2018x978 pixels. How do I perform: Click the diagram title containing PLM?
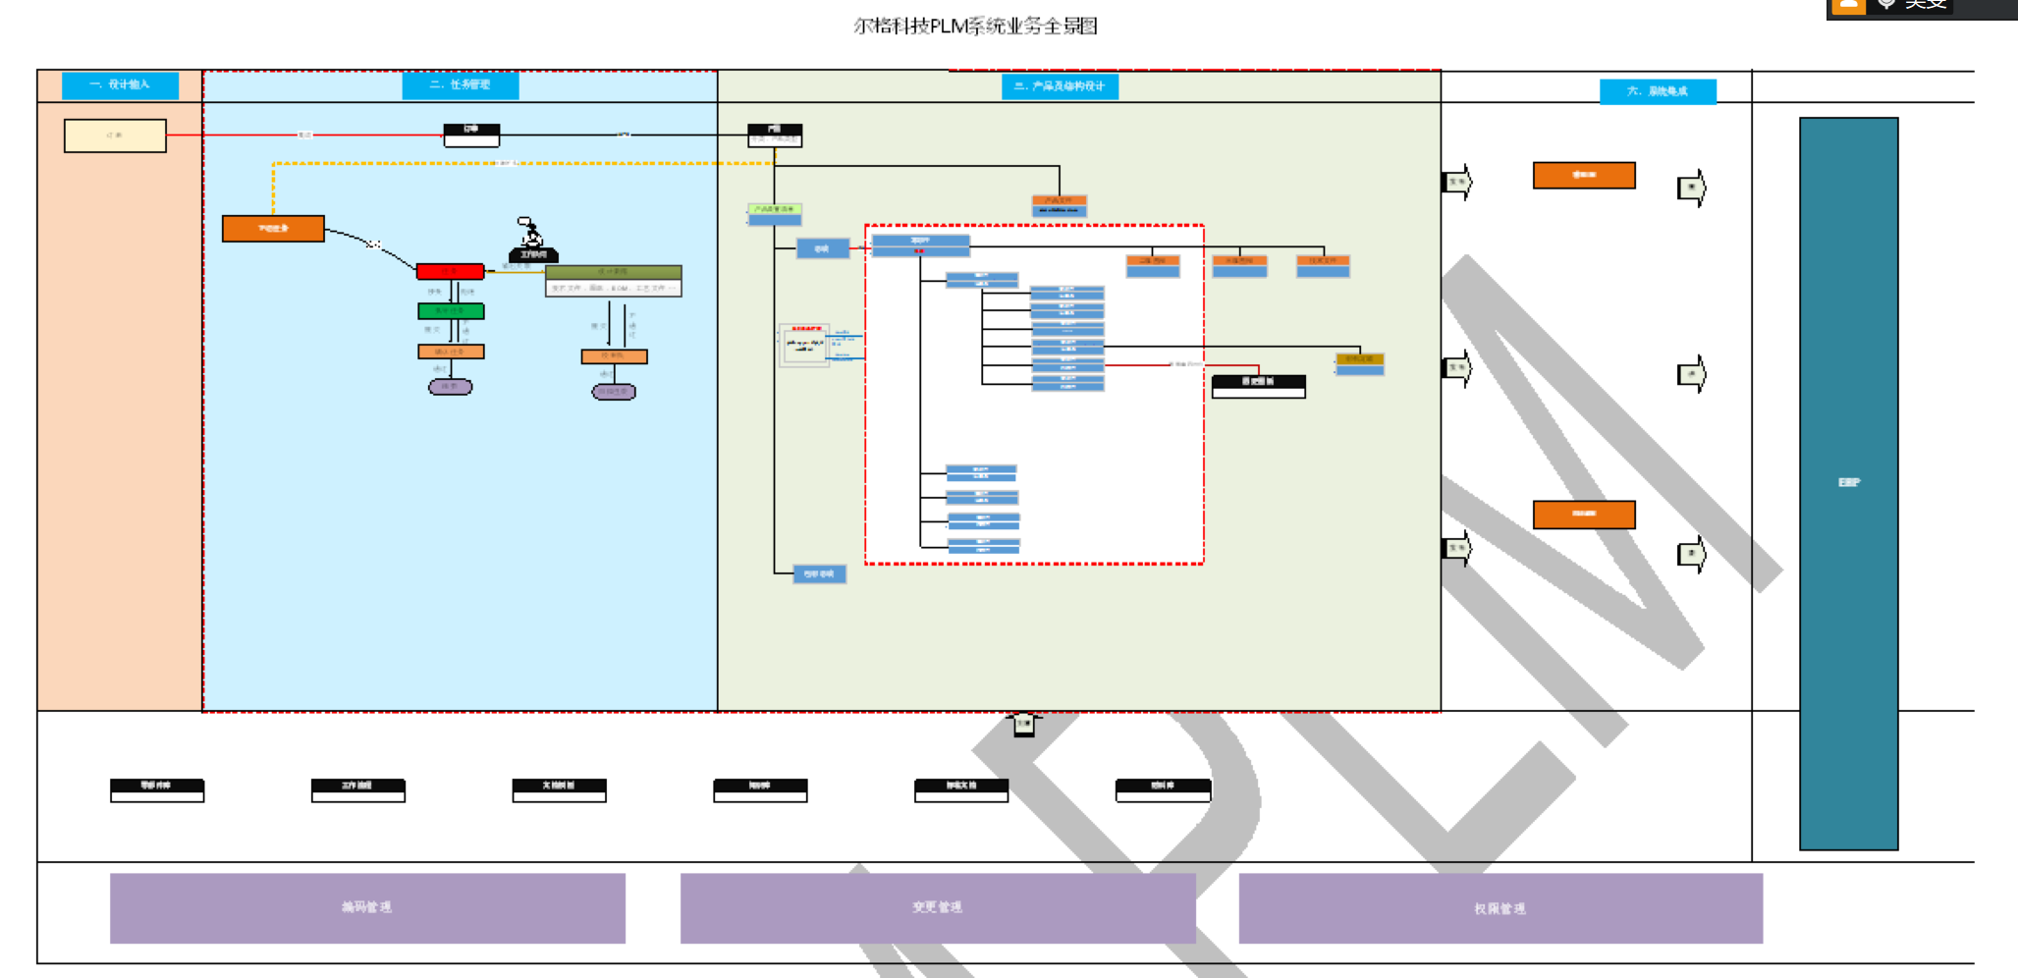point(975,27)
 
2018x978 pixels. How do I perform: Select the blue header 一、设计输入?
point(120,85)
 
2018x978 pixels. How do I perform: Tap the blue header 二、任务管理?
point(460,85)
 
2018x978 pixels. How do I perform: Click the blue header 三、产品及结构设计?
point(1060,86)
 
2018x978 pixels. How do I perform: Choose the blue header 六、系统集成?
point(1658,91)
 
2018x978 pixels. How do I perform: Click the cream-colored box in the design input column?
point(115,136)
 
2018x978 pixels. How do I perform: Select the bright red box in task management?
point(450,271)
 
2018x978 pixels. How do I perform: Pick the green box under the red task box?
point(451,311)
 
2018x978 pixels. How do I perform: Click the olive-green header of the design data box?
point(613,272)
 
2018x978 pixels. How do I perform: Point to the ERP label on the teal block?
point(1849,482)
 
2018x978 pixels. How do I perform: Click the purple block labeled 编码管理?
point(367,908)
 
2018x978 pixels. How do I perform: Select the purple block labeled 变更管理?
point(938,908)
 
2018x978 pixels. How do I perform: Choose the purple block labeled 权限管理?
point(1500,909)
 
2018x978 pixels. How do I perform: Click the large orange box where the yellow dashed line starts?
point(273,229)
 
